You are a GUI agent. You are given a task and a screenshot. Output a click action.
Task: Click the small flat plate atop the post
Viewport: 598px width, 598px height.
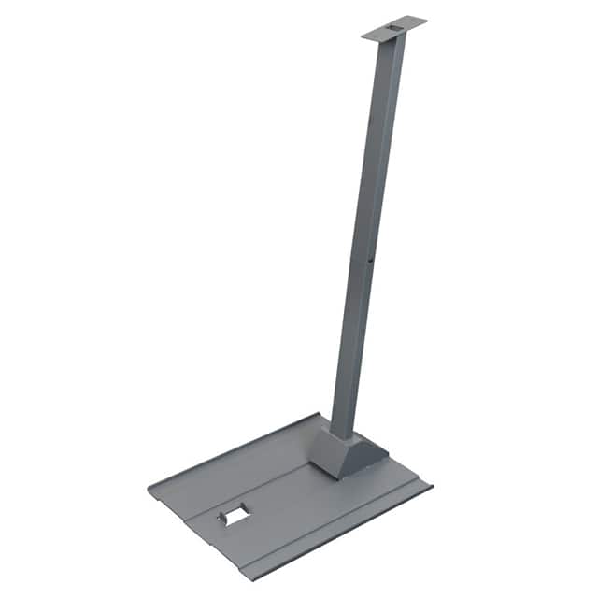(393, 29)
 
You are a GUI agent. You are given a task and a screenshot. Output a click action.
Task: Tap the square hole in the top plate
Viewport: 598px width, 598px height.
(395, 30)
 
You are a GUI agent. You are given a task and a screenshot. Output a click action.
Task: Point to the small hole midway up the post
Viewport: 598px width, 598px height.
(371, 263)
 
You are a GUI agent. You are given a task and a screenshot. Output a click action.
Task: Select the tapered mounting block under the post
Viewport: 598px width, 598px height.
(348, 454)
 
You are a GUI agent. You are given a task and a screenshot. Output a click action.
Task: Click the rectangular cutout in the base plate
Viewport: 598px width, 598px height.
(235, 515)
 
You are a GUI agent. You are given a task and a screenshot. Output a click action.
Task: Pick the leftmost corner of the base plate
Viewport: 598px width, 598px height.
(149, 488)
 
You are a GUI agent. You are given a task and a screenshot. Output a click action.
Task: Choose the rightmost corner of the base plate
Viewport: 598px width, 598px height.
(431, 486)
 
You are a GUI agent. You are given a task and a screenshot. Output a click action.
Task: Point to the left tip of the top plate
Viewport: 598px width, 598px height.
(363, 36)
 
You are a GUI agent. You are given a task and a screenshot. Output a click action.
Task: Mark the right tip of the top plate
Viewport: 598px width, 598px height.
(425, 20)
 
